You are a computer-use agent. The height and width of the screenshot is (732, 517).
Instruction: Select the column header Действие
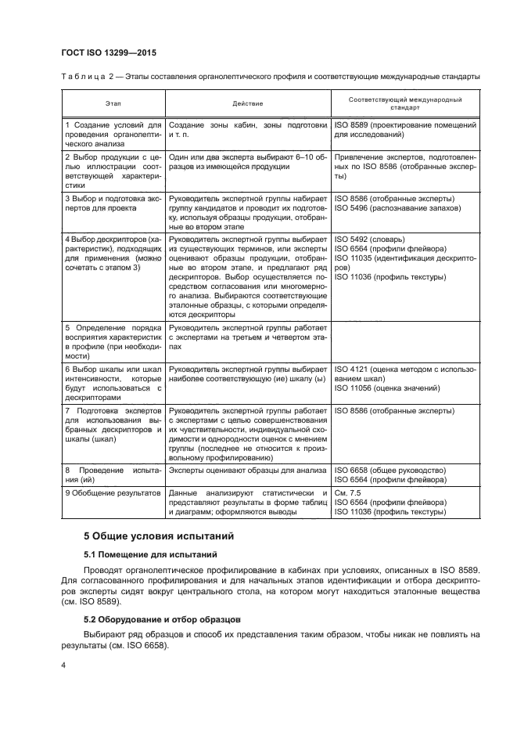(248, 103)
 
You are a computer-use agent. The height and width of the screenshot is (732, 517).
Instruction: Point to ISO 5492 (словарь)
(368, 237)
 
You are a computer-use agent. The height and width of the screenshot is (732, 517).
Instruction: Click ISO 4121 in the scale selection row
(354, 368)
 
